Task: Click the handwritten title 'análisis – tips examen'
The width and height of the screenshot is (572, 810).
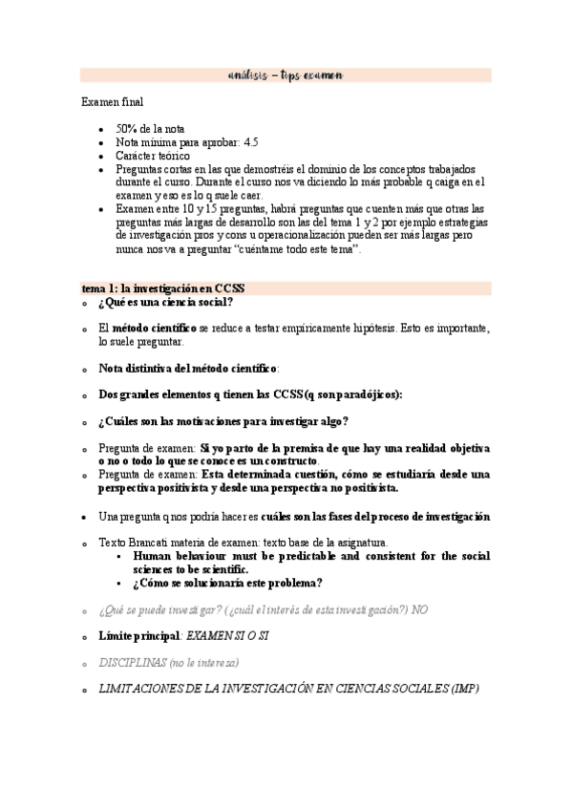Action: (286, 75)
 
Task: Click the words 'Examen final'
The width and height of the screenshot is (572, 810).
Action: (113, 101)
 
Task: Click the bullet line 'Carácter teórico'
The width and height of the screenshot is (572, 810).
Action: (152, 156)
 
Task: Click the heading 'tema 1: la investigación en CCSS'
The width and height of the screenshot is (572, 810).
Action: (163, 288)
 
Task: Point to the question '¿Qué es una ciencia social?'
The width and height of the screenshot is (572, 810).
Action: (164, 303)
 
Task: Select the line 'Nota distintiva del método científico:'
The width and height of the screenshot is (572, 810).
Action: (188, 368)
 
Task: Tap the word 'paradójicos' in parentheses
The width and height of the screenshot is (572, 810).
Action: (366, 394)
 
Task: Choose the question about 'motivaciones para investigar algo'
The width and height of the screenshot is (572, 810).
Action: (222, 421)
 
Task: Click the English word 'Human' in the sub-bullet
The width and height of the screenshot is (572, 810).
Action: (156, 556)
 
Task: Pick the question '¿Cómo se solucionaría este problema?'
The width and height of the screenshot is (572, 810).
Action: (227, 584)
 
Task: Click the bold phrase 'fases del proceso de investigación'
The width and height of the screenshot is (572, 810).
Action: (402, 517)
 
